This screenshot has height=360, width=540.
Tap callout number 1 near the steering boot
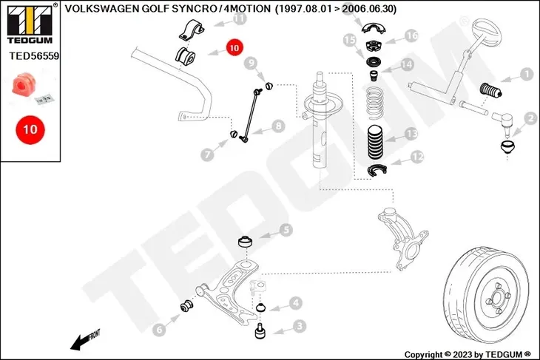coord(526,74)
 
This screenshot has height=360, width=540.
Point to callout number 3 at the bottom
coord(299,325)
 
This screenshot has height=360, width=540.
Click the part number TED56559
coord(34,55)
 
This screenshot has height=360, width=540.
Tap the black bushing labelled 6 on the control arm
coord(187,306)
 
